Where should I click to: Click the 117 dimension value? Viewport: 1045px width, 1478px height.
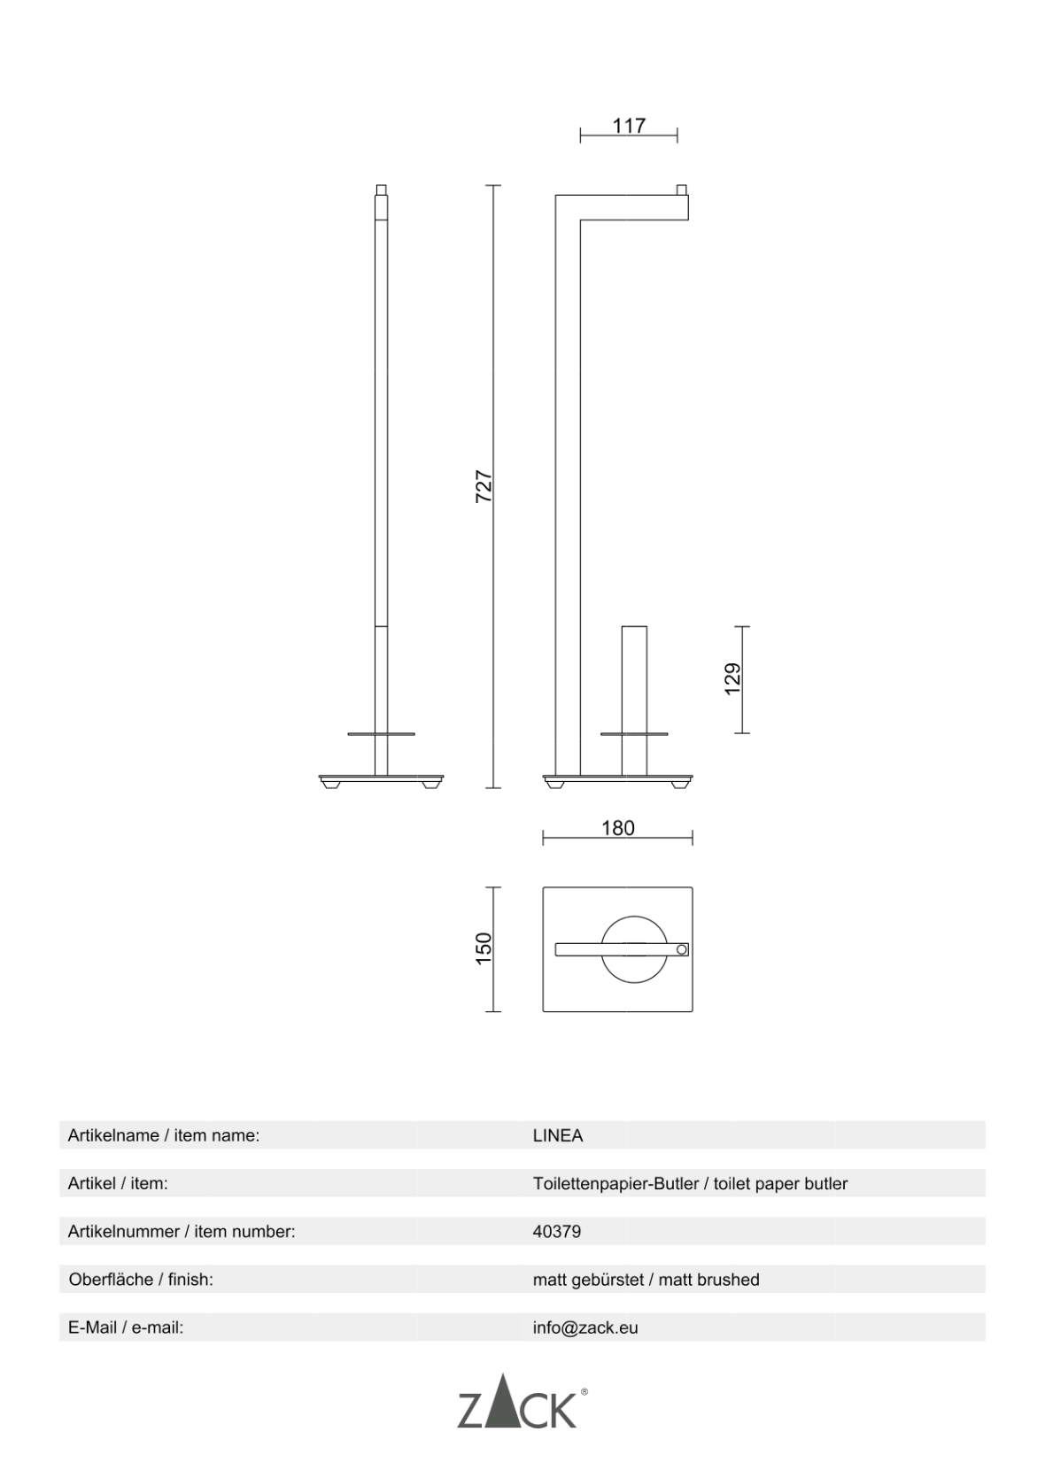click(629, 126)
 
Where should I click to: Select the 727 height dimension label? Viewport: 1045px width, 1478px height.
click(484, 486)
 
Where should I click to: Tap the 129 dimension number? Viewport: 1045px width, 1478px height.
click(733, 679)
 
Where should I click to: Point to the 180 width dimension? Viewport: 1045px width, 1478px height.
click(617, 828)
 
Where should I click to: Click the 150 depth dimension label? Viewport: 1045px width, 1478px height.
click(484, 948)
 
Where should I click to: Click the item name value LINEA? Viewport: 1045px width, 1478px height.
click(558, 1135)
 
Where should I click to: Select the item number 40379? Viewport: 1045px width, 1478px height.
click(557, 1232)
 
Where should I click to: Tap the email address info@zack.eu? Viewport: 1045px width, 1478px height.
click(585, 1327)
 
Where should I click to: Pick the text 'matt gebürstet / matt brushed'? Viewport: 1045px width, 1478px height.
click(646, 1280)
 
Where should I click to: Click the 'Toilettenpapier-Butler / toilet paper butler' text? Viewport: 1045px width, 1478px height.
click(690, 1184)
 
